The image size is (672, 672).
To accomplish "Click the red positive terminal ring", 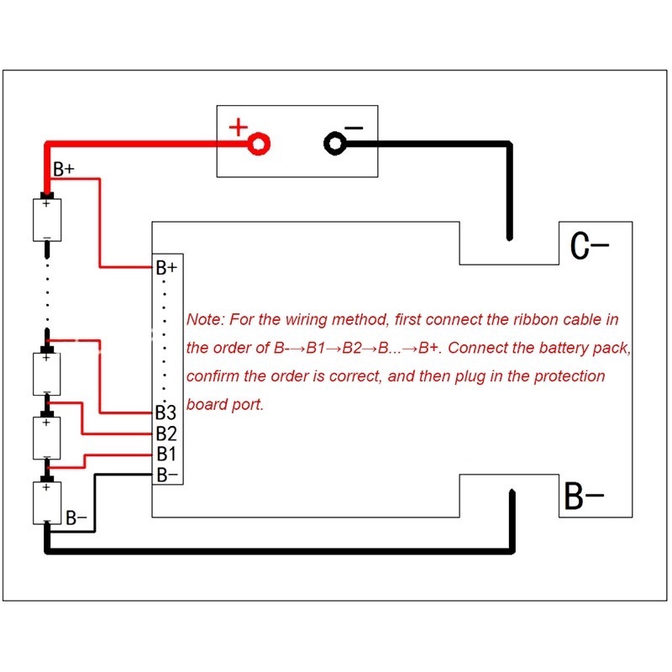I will click(x=260, y=144).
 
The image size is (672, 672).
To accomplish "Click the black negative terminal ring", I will click(x=334, y=144).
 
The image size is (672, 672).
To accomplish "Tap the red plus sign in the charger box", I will click(x=239, y=128).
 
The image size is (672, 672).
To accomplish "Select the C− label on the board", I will click(x=589, y=246).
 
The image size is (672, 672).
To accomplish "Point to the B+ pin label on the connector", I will click(x=166, y=269).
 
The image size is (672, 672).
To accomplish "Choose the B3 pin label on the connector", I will click(x=165, y=413).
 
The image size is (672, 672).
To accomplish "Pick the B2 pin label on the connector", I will click(x=165, y=434).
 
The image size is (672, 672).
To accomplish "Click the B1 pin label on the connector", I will click(x=165, y=454).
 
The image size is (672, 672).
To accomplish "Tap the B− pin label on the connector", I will click(x=166, y=475).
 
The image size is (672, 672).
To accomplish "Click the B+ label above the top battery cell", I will click(x=64, y=170).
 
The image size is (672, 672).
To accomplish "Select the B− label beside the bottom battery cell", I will click(x=76, y=517).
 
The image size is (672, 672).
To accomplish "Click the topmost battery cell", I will click(x=46, y=219).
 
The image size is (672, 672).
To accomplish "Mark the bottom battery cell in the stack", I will click(x=46, y=502).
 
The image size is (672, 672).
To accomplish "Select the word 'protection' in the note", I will click(x=568, y=375).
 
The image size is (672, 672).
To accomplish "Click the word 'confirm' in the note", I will click(x=211, y=375).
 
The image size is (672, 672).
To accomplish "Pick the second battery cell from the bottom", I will click(x=46, y=437).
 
